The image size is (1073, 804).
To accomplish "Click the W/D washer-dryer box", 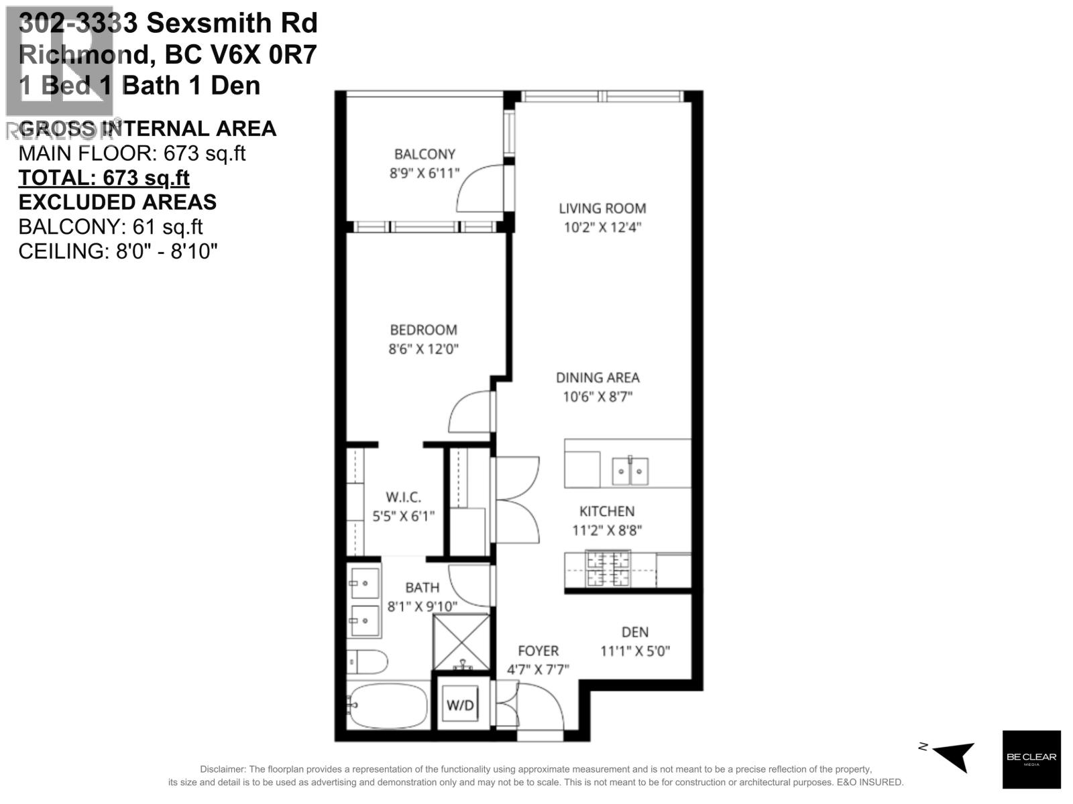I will pos(460,705).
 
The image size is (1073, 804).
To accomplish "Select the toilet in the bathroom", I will pos(368,662).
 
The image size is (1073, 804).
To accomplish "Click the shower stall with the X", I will pos(461,642).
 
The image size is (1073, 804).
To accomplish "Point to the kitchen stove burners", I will pos(608,569).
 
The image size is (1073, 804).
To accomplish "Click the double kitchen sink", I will pos(630,472).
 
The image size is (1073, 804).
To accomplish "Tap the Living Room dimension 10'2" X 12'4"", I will pos(602,227).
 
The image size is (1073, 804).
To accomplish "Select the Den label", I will pos(634,632).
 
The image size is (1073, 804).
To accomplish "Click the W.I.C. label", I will pos(403,497).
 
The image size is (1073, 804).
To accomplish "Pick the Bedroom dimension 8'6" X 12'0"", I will pos(423,348).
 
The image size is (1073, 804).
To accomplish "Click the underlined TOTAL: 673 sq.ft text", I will pos(104,178).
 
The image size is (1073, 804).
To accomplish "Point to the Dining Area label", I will pos(598,378).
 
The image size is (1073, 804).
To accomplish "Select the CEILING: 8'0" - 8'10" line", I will pos(118,252).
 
